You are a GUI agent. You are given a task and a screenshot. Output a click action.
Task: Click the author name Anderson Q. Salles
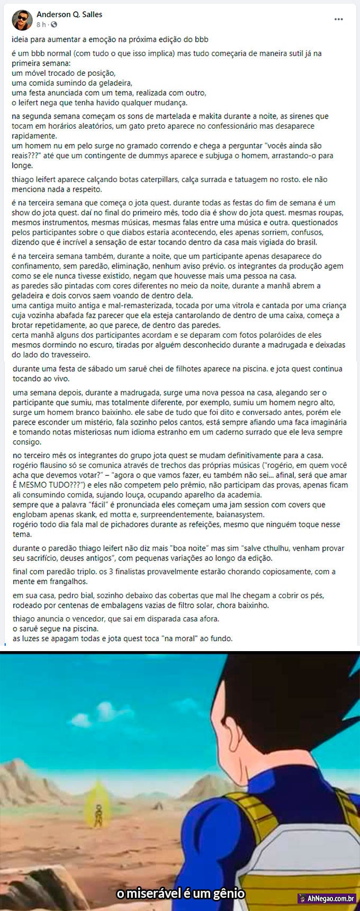click(69, 14)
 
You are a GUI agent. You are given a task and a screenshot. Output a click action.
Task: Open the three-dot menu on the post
click(338, 19)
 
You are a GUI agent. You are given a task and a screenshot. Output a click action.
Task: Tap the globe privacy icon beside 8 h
click(54, 25)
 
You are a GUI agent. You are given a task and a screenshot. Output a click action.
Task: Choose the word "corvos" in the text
click(89, 296)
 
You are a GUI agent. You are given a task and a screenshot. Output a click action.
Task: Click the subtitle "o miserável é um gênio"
click(180, 894)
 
